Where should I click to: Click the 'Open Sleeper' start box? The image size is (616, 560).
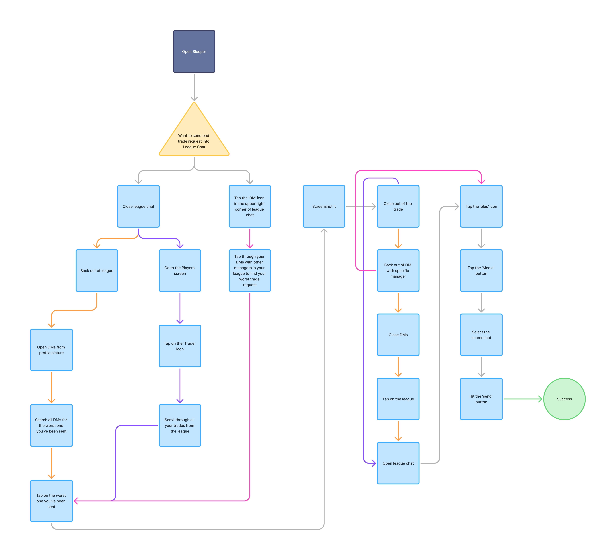[194, 51]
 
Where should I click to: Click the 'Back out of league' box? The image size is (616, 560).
[97, 271]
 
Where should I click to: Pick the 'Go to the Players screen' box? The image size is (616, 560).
[180, 271]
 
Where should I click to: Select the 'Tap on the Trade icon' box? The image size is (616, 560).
[180, 346]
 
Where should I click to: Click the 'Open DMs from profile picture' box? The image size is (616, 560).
[51, 350]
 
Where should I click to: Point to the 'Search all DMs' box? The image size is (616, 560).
[51, 425]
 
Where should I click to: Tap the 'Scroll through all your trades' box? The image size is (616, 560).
[180, 425]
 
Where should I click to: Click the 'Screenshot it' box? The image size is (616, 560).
[324, 206]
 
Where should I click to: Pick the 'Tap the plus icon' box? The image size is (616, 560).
[481, 206]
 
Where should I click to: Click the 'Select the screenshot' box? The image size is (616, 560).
[481, 335]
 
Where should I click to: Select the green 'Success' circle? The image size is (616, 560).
[564, 399]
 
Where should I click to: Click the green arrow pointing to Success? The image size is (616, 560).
[522, 399]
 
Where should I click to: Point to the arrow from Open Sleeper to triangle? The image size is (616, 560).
[194, 87]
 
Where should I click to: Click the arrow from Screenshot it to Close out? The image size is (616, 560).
[361, 206]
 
